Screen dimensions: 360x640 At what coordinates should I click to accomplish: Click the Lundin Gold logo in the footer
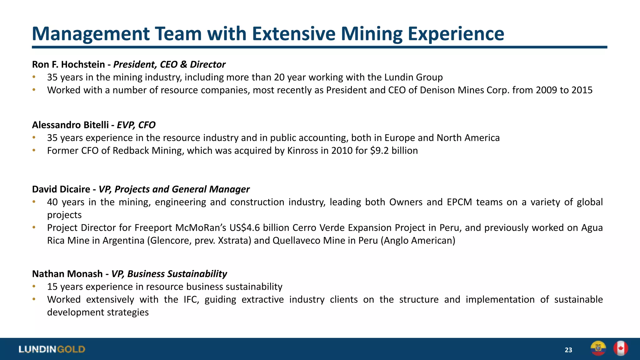pos(52,349)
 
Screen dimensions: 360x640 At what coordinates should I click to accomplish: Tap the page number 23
pos(568,350)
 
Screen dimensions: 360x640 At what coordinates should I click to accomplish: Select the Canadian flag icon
pos(621,348)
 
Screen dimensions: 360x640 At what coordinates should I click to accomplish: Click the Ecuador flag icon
pos(598,348)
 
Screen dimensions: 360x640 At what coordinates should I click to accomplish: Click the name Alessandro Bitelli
pos(70,125)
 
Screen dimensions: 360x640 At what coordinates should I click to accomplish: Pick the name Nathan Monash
pos(67,274)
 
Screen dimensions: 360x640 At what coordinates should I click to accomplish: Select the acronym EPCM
pos(459,202)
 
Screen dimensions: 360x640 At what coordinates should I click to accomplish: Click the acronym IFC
pos(191,300)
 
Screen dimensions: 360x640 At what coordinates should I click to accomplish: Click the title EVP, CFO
pos(136,125)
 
